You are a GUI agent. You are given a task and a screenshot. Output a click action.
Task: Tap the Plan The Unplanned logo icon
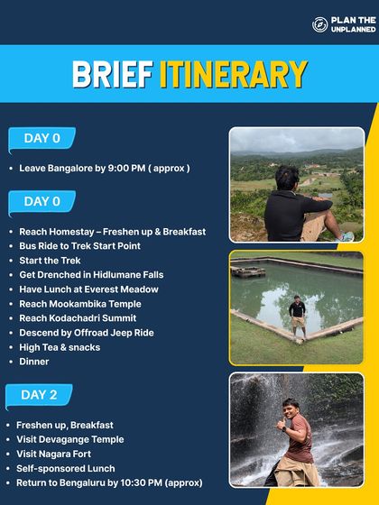pyautogui.click(x=319, y=24)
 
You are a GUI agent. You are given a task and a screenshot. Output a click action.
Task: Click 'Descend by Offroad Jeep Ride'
pyautogui.click(x=86, y=333)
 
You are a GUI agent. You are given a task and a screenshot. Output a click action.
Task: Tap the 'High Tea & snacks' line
pyautogui.click(x=60, y=347)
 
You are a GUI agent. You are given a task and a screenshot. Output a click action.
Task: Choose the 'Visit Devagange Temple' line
pyautogui.click(x=70, y=439)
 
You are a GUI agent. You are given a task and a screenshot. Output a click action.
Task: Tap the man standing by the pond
pyautogui.click(x=297, y=317)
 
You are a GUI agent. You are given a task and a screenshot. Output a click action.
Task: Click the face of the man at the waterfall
pyautogui.click(x=291, y=410)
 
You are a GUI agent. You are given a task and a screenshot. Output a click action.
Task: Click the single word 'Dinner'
pyautogui.click(x=34, y=362)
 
